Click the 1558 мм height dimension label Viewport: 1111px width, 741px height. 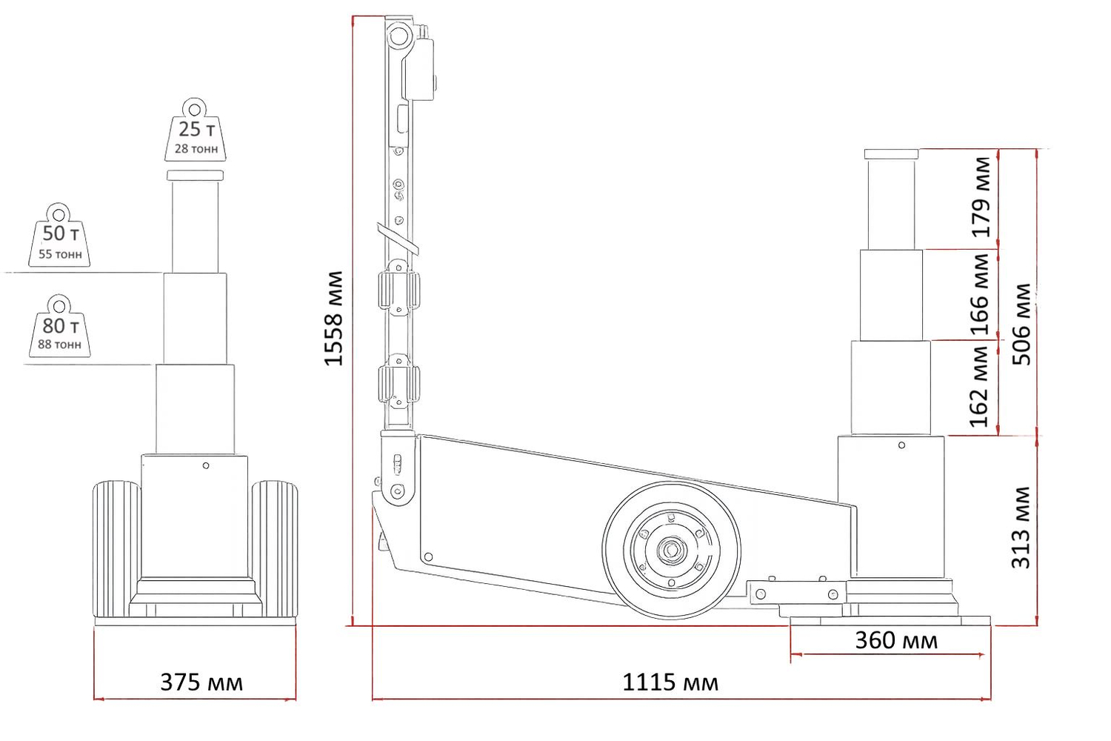pyautogui.click(x=334, y=319)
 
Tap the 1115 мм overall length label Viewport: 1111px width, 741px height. pyautogui.click(x=670, y=682)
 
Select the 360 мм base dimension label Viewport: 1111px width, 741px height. pyautogui.click(x=896, y=640)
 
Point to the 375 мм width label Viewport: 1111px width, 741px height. pyautogui.click(x=201, y=682)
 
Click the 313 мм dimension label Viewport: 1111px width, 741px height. pyautogui.click(x=1021, y=528)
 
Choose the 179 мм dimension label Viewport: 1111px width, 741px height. pyautogui.click(x=981, y=197)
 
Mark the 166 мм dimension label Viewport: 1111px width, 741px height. pyautogui.click(x=980, y=295)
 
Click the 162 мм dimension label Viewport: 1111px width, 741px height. pyautogui.click(x=980, y=387)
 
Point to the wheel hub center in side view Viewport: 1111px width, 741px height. pyautogui.click(x=672, y=550)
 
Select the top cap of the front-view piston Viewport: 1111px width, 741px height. pyautogui.click(x=195, y=176)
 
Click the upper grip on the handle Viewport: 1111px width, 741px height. pyautogui.click(x=398, y=289)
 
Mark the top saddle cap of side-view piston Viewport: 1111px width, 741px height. pyautogui.click(x=891, y=154)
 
